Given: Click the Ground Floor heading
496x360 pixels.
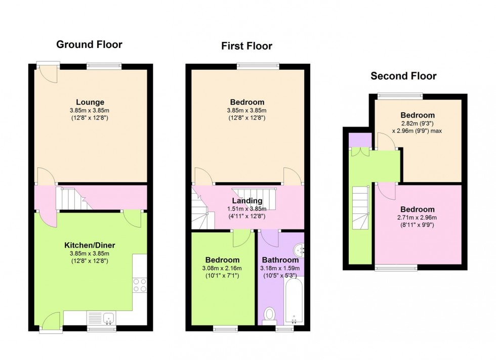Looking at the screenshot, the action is tap(89, 44).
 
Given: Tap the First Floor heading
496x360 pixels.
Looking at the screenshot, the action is tap(247, 46).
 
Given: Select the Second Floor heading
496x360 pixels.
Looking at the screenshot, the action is tap(403, 76).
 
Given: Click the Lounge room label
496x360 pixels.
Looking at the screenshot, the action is tap(90, 102).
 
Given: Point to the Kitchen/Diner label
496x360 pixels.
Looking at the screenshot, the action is tap(90, 245).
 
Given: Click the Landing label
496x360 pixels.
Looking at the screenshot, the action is tap(247, 201).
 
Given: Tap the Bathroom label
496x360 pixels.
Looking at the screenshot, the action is tap(280, 260).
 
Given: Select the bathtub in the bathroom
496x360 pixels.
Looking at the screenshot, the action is tap(294, 300).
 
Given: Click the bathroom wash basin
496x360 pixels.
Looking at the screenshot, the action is tap(299, 251).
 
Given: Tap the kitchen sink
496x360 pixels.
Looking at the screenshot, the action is tap(108, 318).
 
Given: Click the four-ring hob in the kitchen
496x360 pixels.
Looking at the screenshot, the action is tap(140, 285).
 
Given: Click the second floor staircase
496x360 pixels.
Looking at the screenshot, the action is tap(361, 208).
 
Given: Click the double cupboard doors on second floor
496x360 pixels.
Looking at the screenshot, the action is tap(360, 152).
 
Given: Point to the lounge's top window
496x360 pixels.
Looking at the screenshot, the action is tap(104, 66).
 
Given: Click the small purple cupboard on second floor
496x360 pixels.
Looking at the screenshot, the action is tap(360, 140).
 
